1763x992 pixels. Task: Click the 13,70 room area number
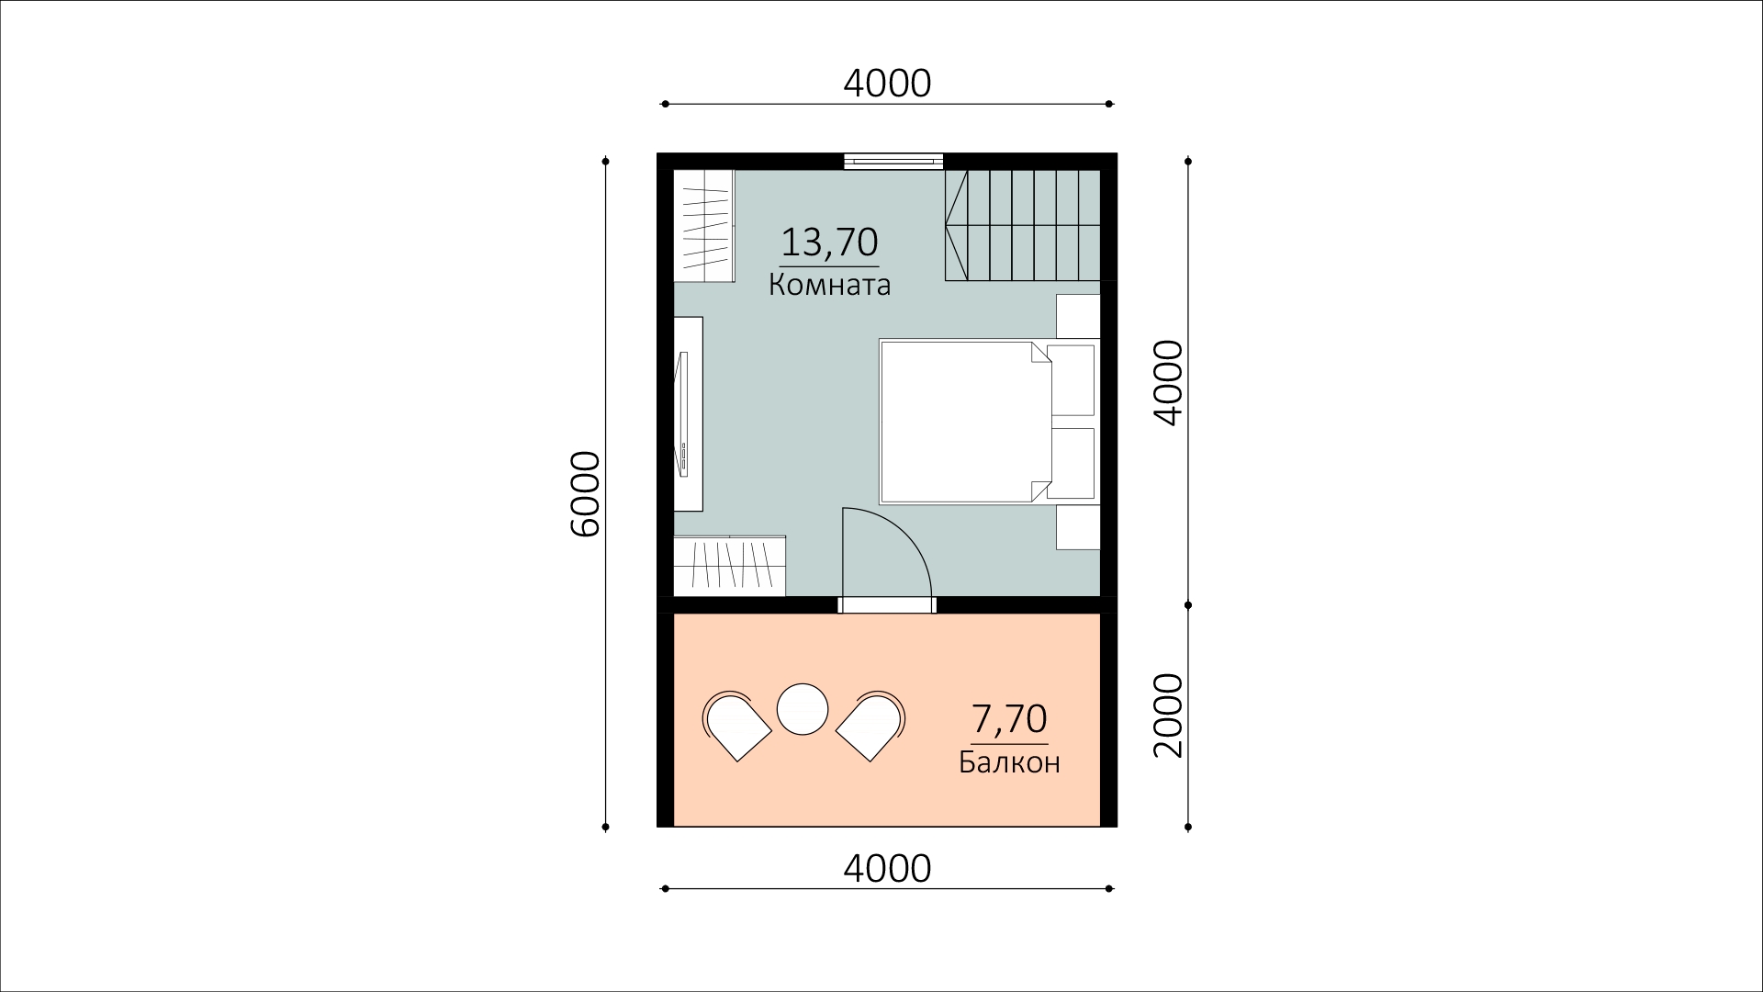829,242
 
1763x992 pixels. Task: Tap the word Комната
829,286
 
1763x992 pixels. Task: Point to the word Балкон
1009,762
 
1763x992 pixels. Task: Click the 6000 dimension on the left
585,494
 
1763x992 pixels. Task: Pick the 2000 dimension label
1168,716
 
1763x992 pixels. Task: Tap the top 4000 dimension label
887,84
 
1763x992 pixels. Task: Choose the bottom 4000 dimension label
887,868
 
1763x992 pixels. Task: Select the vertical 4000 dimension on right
1168,383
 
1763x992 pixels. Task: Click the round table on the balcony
803,709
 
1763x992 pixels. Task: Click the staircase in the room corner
1023,225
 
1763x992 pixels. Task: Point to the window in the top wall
893,161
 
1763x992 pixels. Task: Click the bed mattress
964,422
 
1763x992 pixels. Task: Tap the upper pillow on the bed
1072,380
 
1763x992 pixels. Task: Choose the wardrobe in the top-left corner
704,225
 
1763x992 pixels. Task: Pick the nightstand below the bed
1078,528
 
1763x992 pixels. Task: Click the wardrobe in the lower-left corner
730,567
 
